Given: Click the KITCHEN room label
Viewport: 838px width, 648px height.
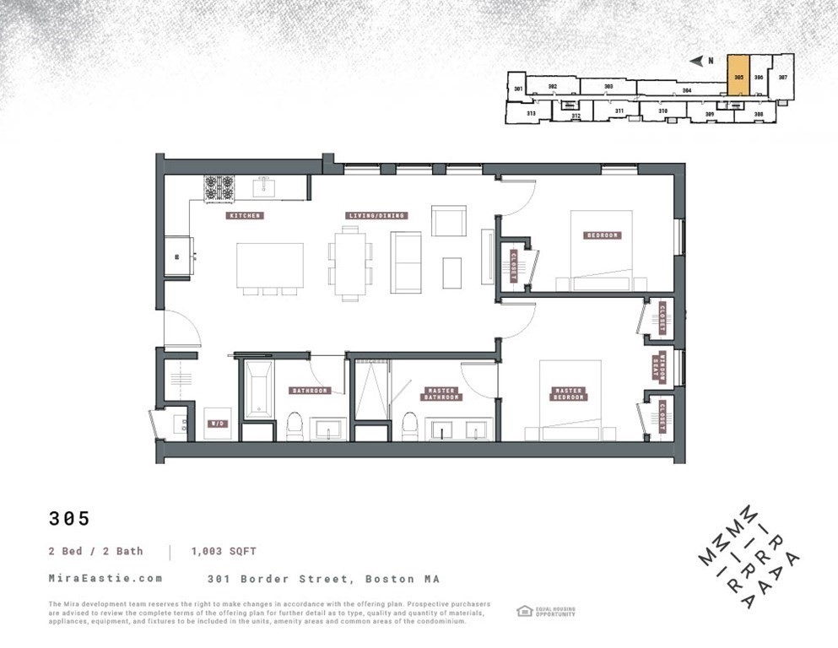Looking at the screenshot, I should coord(246,216).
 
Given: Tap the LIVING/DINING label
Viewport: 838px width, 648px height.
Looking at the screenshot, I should coord(377,216).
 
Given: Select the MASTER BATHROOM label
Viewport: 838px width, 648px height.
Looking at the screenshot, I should coord(441,394).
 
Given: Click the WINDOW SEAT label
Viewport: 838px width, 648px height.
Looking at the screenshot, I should coord(662,368).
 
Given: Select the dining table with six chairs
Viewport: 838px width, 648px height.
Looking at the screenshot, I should coord(350,264).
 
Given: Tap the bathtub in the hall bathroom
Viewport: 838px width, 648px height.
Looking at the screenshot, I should coord(259,390).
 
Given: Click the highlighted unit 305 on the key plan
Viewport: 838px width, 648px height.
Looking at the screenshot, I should coord(738,78).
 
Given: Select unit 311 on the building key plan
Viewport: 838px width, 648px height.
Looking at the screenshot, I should coord(619,111).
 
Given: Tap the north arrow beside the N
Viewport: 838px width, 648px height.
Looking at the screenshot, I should coord(695,61).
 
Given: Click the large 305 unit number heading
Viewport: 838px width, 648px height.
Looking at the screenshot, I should coord(69,519).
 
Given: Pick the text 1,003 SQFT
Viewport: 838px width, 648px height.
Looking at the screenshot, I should coord(225,551).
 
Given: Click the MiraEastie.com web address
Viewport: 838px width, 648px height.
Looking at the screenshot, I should coord(105,579).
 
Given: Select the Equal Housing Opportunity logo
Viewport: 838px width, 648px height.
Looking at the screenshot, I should coord(545,611).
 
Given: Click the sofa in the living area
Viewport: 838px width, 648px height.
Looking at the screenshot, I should coord(407,262).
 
